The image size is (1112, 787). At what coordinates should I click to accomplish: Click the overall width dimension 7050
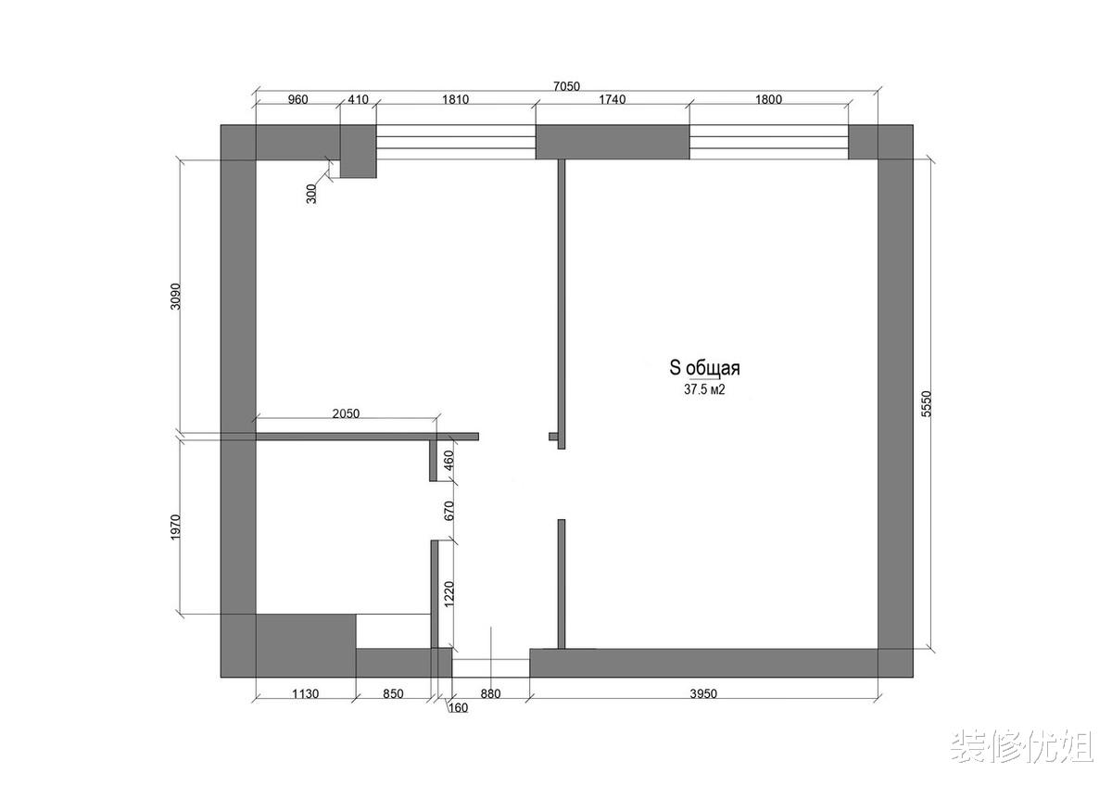[566, 86]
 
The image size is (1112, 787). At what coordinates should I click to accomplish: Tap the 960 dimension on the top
[297, 99]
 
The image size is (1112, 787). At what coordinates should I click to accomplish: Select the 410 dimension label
[358, 99]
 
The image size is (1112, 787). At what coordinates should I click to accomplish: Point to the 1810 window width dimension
[455, 99]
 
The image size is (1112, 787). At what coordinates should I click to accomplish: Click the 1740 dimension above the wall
[612, 99]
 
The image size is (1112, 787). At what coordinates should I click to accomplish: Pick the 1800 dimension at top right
[768, 99]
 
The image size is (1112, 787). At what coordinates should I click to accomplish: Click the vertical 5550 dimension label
[927, 403]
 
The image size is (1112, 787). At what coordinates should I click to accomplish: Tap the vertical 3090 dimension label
[176, 297]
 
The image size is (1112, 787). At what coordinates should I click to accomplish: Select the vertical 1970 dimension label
[176, 527]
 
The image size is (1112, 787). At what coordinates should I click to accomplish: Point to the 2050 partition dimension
[346, 413]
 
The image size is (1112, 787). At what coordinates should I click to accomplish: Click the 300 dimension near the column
[311, 194]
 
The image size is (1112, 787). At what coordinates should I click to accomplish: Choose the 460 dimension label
[449, 461]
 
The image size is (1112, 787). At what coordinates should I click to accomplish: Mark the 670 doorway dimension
[449, 511]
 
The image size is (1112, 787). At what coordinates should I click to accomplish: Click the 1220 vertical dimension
[449, 594]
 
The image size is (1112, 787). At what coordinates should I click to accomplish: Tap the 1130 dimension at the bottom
[305, 693]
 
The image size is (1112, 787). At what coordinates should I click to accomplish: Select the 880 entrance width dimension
[490, 693]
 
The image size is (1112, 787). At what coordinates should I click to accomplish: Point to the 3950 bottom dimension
[703, 693]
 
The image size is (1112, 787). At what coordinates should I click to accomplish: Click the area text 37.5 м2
[704, 389]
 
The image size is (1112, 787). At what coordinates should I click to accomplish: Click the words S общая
[704, 368]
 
